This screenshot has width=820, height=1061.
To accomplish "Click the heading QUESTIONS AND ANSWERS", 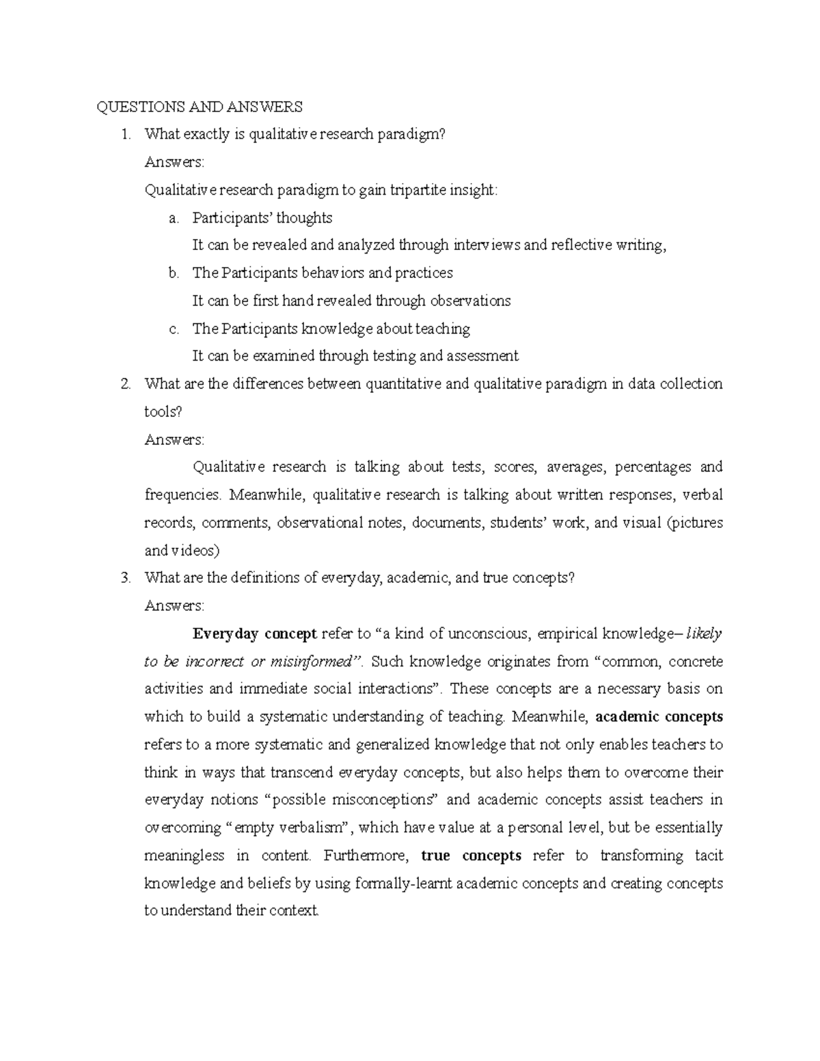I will (x=199, y=107).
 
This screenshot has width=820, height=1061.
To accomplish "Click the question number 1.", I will (x=124, y=135).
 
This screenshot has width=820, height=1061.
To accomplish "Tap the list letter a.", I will (x=174, y=218).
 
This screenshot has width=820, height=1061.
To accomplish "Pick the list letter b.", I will (x=174, y=273).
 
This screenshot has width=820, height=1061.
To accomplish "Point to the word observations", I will (x=471, y=301).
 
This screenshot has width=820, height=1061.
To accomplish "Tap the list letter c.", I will (x=174, y=329).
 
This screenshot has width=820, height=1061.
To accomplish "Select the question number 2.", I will (x=124, y=384).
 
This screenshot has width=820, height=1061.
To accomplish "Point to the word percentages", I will (x=653, y=467).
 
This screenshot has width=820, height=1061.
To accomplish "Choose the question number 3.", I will (x=124, y=578).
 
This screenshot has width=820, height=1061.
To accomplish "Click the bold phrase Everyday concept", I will (x=254, y=634).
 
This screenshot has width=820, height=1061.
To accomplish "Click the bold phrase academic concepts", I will (x=659, y=717).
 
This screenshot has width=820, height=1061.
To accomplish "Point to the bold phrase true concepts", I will (x=471, y=855).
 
